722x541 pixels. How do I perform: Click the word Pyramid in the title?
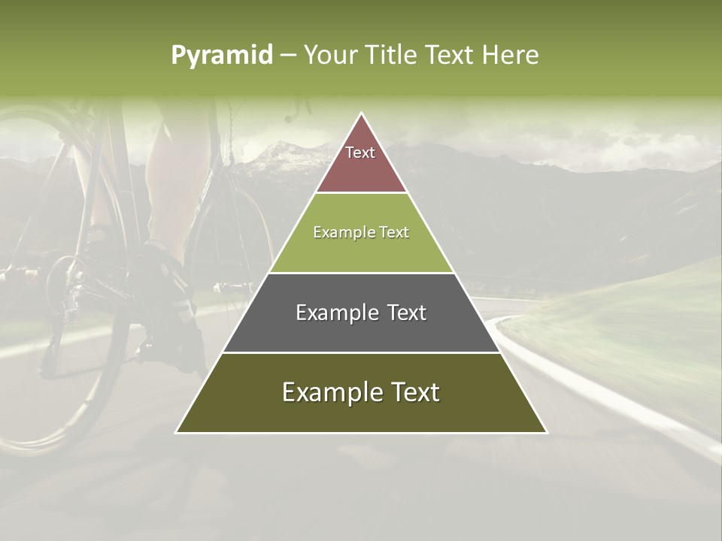[221, 56]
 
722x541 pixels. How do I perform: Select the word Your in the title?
[329, 56]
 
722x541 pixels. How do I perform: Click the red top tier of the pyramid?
[361, 169]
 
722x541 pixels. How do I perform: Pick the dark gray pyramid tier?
[361, 331]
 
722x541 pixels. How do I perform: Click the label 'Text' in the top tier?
[360, 153]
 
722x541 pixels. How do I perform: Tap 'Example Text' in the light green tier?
[361, 232]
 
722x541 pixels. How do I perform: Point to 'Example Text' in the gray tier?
[361, 313]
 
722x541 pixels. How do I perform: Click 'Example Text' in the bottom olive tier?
[361, 392]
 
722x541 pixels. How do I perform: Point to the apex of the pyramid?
[362, 115]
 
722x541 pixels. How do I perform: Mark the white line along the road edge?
[602, 398]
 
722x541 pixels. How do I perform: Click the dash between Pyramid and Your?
[287, 56]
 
